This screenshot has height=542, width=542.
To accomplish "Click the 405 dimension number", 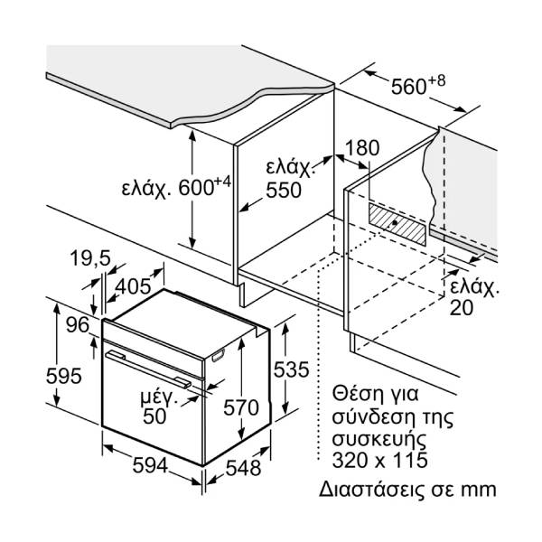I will point(133,286).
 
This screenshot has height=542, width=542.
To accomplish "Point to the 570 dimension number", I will point(240,407).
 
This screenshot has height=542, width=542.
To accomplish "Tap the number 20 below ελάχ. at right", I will point(464,307).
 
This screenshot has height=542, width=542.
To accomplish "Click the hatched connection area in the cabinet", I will point(397,220).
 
